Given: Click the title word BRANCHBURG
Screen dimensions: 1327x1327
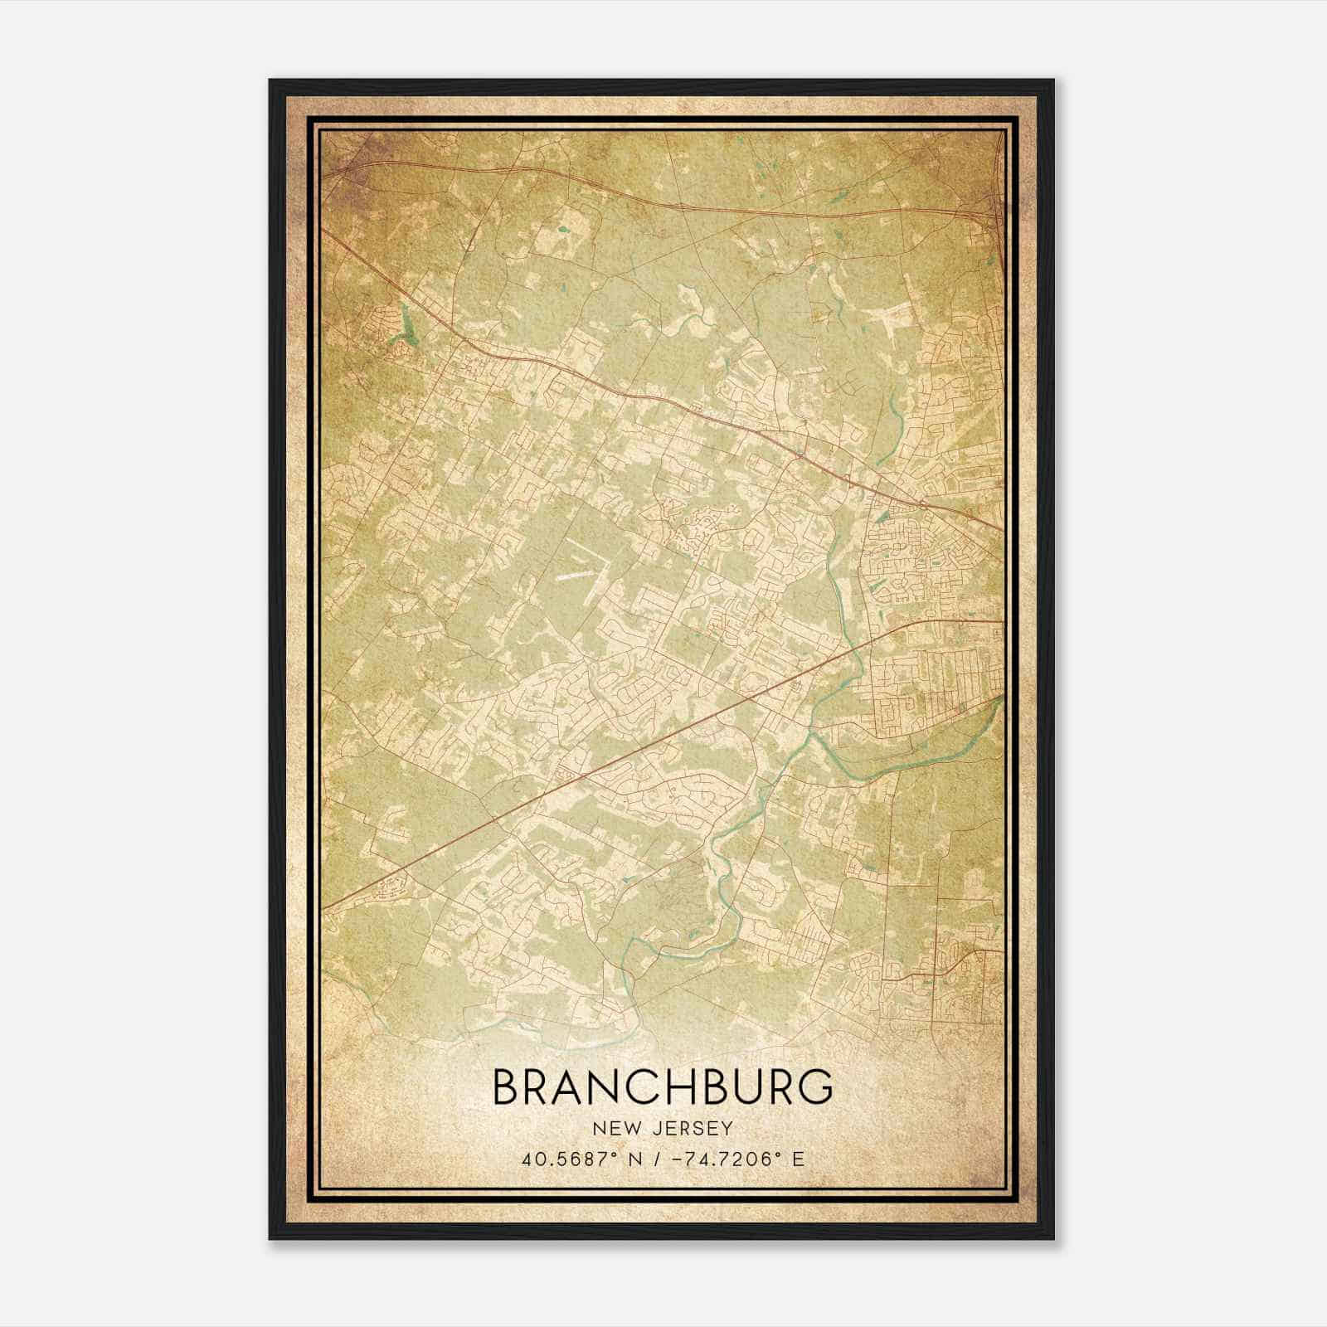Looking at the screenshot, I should point(663,1087).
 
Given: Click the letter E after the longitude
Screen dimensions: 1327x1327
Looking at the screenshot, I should point(798,1159).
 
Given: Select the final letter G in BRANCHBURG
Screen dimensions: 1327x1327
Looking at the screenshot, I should point(814,1087).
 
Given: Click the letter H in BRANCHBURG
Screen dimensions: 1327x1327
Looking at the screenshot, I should point(673,1087).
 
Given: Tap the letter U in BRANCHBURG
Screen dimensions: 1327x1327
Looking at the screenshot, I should point(744,1087).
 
